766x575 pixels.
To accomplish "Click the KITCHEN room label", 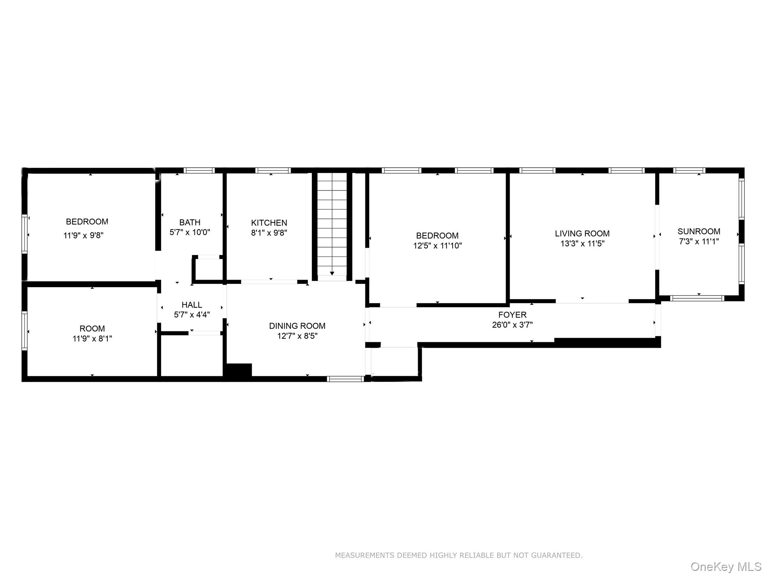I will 269,223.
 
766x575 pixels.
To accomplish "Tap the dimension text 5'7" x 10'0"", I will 190,232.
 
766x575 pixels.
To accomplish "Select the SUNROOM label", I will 699,231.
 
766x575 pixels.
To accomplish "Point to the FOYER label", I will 512,315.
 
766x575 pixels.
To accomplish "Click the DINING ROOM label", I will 297,326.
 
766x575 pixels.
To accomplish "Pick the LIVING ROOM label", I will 582,234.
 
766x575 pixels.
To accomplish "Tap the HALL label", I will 191,305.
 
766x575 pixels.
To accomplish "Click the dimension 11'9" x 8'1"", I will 92,339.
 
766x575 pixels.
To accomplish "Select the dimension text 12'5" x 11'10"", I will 437,246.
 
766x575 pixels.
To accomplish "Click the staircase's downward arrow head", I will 332,274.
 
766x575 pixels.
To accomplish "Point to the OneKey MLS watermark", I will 726,567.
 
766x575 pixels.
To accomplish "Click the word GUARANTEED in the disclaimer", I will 557,555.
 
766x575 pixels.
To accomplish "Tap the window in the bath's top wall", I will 199,170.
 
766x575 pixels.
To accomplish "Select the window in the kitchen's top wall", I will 273,170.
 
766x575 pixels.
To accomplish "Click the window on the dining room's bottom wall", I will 345,379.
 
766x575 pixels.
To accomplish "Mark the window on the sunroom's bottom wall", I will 697,298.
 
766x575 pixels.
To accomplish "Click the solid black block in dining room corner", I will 238,371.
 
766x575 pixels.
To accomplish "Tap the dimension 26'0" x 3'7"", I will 512,325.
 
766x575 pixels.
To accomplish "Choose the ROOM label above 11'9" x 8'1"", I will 92,329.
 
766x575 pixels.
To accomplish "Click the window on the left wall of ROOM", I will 24,331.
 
